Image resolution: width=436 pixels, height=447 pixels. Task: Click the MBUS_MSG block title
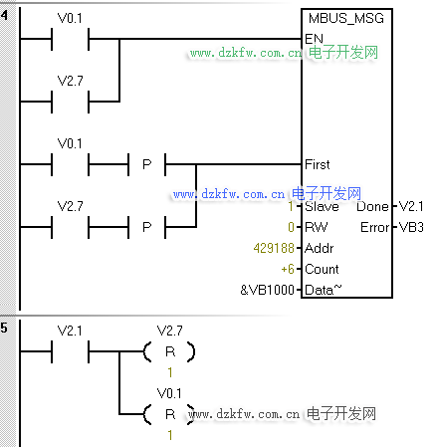pos(346,18)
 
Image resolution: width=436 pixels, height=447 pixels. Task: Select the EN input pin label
pos(314,39)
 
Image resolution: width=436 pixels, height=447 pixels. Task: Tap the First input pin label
pos(318,164)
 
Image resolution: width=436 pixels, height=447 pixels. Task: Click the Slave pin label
pos(322,206)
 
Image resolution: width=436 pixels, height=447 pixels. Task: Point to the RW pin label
pos(316,227)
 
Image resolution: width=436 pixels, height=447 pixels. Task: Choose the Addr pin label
pos(320,248)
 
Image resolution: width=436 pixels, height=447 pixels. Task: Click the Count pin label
pos(322,269)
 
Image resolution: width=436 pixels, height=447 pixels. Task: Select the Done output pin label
pos(372,206)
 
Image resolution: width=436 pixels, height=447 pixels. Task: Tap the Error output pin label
pos(374,227)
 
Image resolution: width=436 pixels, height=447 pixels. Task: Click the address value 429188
pos(274,248)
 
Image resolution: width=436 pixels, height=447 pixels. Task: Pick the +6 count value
pos(288,269)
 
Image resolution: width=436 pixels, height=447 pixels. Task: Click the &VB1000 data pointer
pos(268,290)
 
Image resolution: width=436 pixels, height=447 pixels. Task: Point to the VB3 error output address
pos(411,227)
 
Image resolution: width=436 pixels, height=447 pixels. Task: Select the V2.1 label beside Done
pos(411,206)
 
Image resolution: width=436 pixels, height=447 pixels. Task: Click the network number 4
pos(4,15)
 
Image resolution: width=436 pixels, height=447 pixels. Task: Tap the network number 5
pos(4,328)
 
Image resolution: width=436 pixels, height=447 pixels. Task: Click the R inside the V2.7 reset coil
pos(170,351)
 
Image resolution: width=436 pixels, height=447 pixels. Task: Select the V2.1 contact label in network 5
pos(70,331)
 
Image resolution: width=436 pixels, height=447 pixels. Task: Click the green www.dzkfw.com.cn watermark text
pos(246,53)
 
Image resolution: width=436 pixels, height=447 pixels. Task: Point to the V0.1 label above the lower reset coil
pos(169,393)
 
